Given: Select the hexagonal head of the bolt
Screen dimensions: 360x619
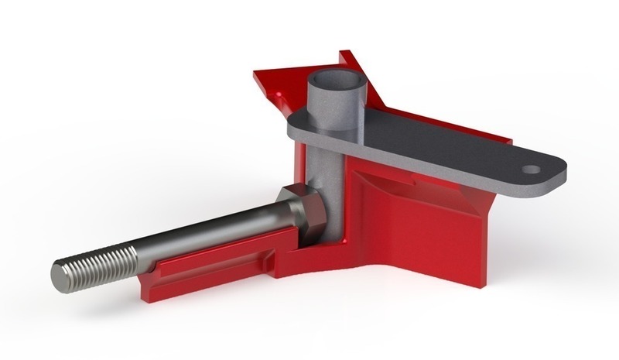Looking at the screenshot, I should [298, 211].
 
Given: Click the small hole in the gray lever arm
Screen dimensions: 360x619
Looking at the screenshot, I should [530, 168].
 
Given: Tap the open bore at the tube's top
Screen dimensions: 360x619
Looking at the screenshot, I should [334, 80].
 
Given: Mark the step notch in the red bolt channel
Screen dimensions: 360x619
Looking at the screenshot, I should [271, 263].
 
